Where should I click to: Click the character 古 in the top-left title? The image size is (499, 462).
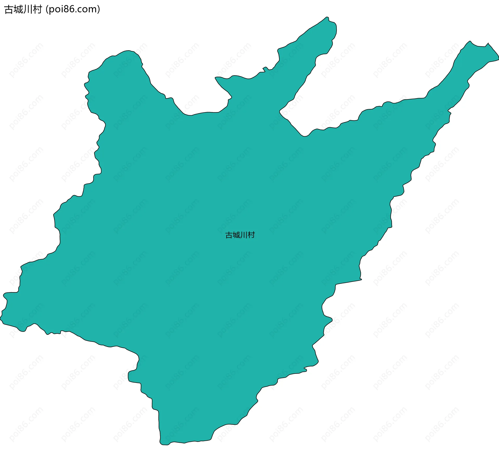pyautogui.click(x=9, y=9)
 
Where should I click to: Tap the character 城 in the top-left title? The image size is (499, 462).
pyautogui.click(x=18, y=9)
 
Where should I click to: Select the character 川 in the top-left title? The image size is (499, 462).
pyautogui.click(x=28, y=9)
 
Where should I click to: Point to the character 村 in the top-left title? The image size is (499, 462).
pyautogui.click(x=37, y=9)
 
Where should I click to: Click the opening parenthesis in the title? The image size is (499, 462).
pyautogui.click(x=47, y=9)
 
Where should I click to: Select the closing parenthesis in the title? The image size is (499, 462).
pyautogui.click(x=99, y=9)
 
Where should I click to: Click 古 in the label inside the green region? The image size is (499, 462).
pyautogui.click(x=229, y=235)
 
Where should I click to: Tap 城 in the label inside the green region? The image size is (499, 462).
pyautogui.click(x=236, y=235)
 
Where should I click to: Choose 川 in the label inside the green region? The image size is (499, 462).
pyautogui.click(x=244, y=235)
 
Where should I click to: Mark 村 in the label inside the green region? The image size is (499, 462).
pyautogui.click(x=251, y=235)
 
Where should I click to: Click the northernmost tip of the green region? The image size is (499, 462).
pyautogui.click(x=327, y=17)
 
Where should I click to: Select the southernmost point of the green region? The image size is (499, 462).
pyautogui.click(x=164, y=445)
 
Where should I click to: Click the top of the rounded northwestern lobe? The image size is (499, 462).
pyautogui.click(x=128, y=51)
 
